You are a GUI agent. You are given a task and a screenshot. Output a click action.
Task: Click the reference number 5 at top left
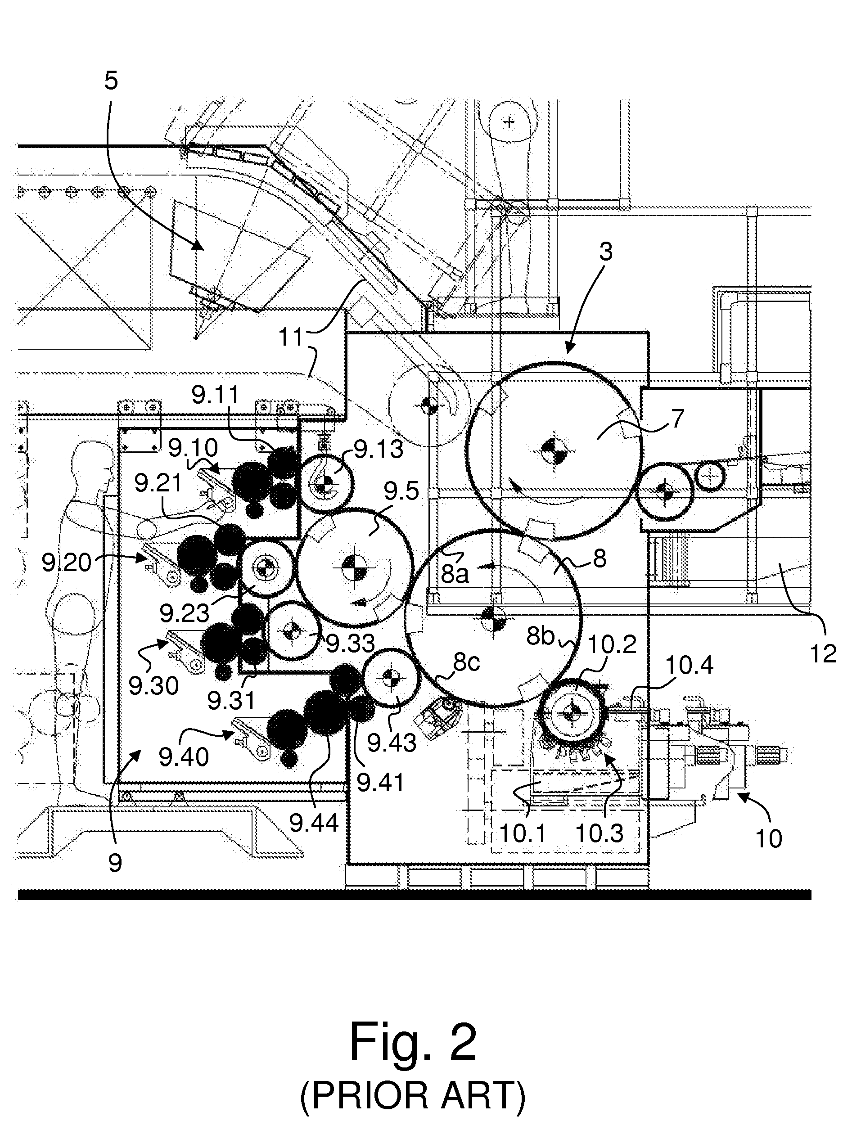click(111, 81)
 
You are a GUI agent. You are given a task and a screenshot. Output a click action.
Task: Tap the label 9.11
click(216, 396)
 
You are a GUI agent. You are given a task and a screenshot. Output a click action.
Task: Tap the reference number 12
click(823, 654)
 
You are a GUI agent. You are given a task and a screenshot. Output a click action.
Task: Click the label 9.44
click(313, 823)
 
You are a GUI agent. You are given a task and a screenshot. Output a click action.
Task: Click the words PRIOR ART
click(413, 1096)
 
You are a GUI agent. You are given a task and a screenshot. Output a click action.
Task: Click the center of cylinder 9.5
click(356, 566)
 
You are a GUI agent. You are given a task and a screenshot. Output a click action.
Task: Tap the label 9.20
click(67, 562)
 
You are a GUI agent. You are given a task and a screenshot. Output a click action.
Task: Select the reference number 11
click(291, 338)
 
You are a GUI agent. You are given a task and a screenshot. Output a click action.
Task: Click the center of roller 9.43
click(390, 678)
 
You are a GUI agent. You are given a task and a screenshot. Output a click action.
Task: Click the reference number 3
click(606, 252)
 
